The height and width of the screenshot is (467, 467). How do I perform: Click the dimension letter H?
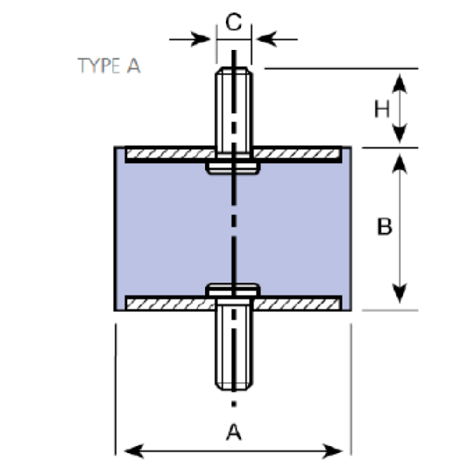[x=382, y=109]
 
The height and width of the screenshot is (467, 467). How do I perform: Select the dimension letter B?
[x=384, y=226]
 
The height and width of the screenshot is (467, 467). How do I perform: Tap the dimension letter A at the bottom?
[x=234, y=432]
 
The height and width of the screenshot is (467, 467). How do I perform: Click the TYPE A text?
[x=109, y=66]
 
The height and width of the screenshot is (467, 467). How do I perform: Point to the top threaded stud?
[x=233, y=107]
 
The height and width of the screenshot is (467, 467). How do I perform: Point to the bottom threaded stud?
[x=233, y=346]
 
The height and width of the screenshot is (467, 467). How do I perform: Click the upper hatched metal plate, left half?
[x=170, y=154]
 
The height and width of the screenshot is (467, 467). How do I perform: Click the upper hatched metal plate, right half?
[x=297, y=154]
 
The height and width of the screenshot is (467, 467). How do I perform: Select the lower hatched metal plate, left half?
[x=170, y=304]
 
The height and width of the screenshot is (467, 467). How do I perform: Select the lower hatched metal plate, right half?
[x=297, y=304]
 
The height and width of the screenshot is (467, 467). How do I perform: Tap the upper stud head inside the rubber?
[x=233, y=168]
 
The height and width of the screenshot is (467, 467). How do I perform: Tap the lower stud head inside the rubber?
[x=233, y=290]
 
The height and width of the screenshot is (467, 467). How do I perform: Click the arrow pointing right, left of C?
[x=201, y=39]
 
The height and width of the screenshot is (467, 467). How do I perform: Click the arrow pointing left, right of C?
[x=266, y=39]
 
